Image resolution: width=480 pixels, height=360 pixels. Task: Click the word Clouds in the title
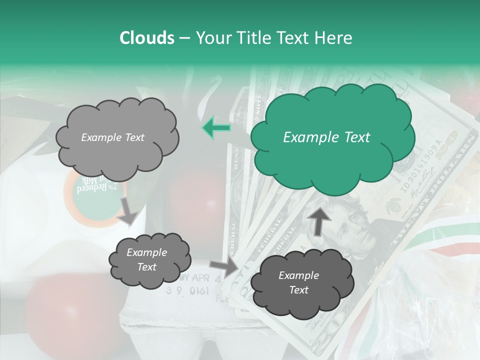tap(147, 38)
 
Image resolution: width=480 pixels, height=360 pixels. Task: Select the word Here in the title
tap(334, 38)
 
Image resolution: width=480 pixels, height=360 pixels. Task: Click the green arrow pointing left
tap(216, 127)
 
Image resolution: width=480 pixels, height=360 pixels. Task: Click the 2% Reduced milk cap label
tap(93, 190)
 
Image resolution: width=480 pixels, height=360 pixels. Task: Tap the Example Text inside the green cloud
tap(326, 137)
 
